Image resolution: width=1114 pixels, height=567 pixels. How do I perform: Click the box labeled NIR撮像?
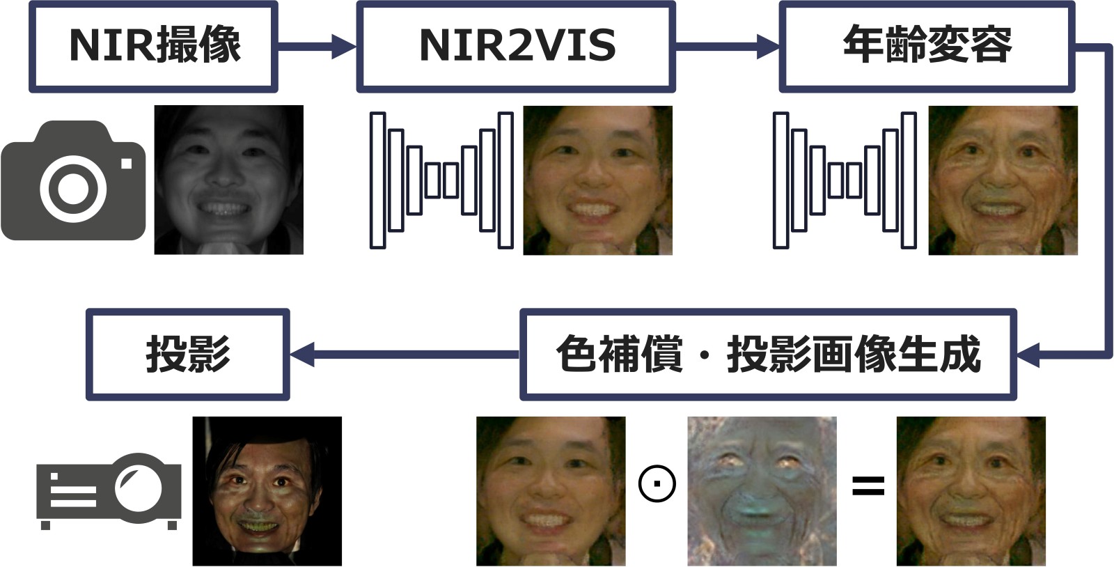[153, 47]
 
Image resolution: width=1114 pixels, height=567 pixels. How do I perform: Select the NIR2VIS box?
[516, 47]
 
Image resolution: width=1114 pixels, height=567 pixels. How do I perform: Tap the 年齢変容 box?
[926, 47]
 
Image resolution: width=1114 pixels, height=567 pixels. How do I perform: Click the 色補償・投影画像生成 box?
[767, 355]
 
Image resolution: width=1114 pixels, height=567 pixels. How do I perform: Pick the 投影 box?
[187, 355]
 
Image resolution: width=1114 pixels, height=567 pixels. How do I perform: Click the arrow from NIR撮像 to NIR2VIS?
[317, 47]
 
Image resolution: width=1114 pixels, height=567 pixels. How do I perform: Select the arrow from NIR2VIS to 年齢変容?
[727, 47]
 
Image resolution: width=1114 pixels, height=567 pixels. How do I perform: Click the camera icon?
[73, 181]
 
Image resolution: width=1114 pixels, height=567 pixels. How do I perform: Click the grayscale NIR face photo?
[228, 180]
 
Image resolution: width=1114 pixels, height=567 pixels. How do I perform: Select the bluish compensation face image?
[762, 491]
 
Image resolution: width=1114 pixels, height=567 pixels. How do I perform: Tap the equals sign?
[868, 486]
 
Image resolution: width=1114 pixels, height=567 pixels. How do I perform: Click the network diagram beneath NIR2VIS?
[441, 180]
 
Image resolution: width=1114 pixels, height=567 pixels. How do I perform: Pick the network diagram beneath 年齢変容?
[845, 180]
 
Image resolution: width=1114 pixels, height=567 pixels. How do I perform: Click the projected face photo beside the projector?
[267, 491]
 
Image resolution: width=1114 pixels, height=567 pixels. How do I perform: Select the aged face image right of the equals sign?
[971, 491]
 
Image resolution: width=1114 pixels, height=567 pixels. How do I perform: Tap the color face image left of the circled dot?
[550, 491]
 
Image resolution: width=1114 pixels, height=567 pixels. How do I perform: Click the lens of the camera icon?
[73, 188]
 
